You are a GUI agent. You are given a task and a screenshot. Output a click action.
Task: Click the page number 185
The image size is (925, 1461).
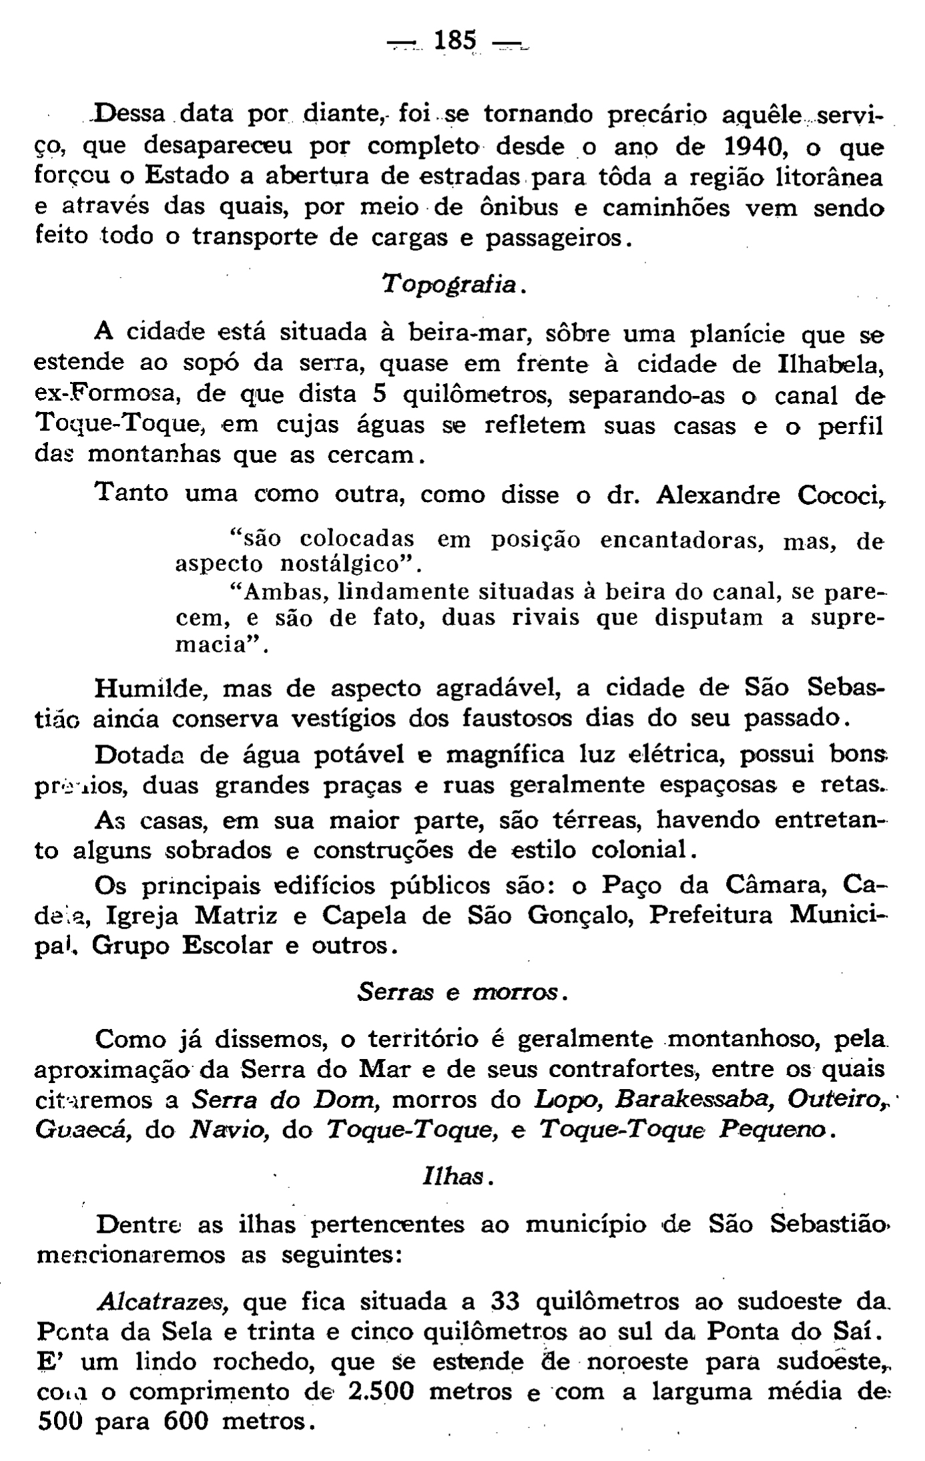coord(455,41)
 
